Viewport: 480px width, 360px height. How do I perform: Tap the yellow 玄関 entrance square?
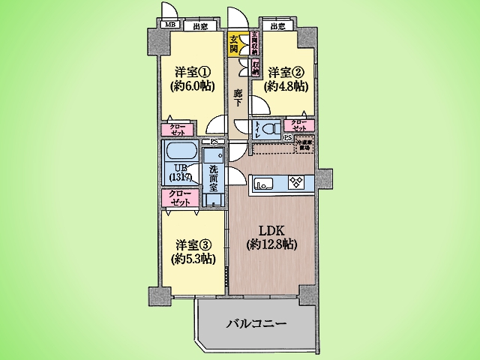[234, 44]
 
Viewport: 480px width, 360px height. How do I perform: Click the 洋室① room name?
[191, 72]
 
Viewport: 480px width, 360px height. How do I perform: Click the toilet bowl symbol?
[269, 127]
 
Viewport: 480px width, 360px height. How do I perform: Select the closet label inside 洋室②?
[298, 126]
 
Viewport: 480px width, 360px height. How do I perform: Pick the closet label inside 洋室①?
[178, 129]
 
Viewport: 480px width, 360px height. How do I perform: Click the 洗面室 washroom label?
[214, 181]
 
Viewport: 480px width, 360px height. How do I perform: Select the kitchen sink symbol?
[264, 181]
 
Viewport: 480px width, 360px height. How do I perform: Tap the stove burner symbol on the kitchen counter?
[294, 181]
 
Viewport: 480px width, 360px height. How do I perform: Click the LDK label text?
[271, 230]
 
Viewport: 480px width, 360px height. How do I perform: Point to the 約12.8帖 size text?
[271, 244]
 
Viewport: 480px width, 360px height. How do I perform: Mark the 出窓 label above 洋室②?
[277, 27]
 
